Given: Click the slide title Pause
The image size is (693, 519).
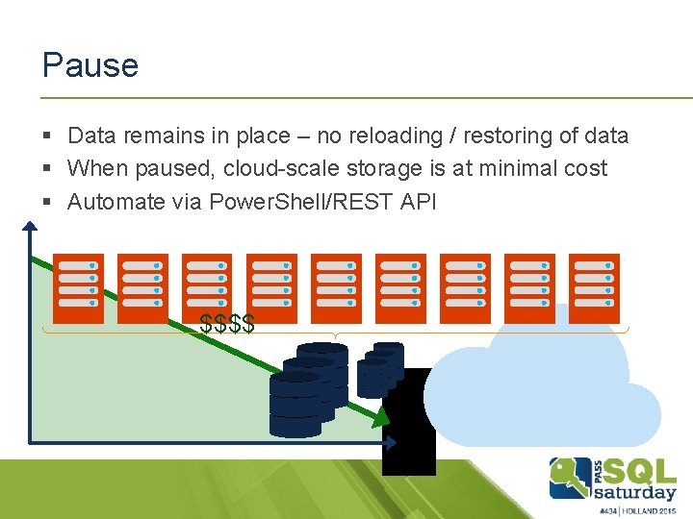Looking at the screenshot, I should [90, 65].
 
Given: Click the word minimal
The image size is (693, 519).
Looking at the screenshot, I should [522, 169].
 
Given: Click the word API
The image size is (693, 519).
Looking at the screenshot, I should [418, 202].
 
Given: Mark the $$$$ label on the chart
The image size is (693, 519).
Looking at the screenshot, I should [227, 324].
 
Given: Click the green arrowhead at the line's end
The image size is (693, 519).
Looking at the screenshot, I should [381, 416].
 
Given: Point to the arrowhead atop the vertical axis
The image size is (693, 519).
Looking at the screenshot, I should [31, 227].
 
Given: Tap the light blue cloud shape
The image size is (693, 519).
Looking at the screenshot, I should [539, 384].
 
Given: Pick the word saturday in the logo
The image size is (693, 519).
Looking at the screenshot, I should [635, 493].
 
